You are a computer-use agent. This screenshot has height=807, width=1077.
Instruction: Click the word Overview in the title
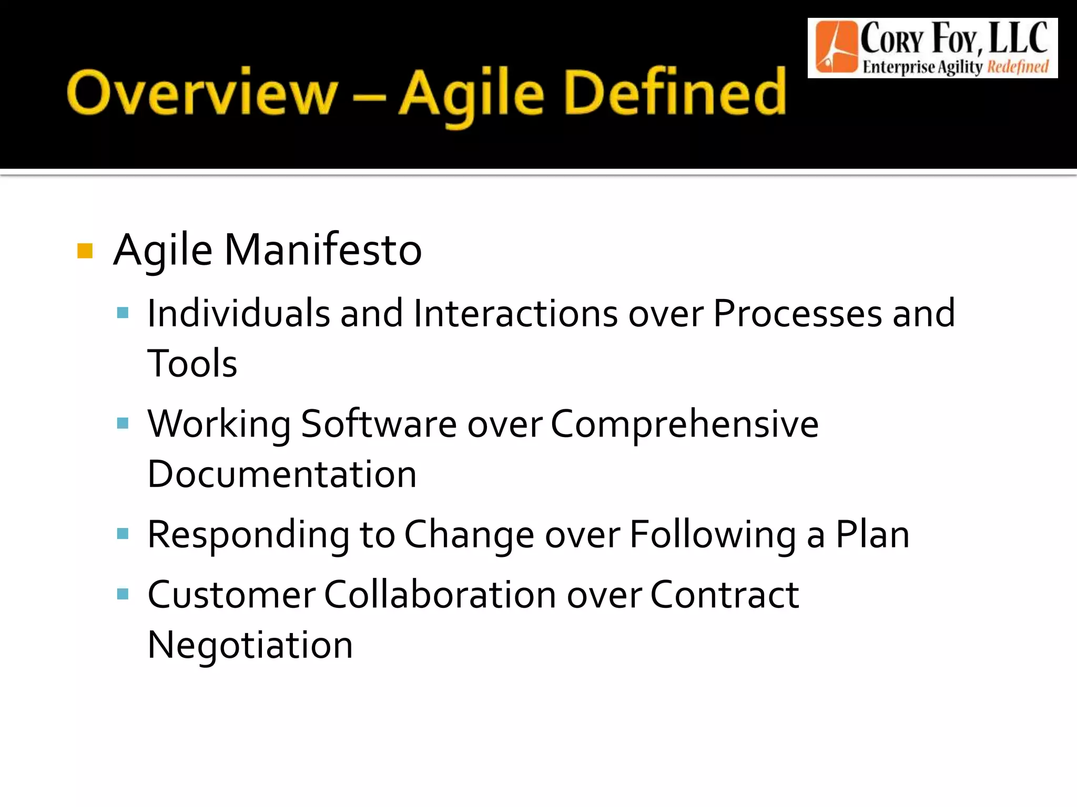(x=202, y=94)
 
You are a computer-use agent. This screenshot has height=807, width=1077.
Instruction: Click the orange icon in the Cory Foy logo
(x=836, y=48)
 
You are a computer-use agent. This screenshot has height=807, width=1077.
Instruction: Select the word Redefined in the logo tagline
(x=1018, y=67)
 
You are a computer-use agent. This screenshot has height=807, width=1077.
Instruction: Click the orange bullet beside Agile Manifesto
(x=85, y=251)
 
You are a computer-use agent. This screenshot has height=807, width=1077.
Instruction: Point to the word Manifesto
(x=323, y=250)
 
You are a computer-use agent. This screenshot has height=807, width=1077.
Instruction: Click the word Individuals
(x=238, y=314)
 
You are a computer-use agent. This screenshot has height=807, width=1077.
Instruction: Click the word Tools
(x=192, y=364)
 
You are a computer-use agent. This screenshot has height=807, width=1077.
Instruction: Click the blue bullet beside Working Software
(x=123, y=423)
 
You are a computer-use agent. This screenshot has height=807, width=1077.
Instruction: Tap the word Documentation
(x=282, y=474)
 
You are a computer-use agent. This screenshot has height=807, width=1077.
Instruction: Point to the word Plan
(x=872, y=534)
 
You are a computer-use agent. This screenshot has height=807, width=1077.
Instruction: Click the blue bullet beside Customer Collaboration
(x=123, y=594)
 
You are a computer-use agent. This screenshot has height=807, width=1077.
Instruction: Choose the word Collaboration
(x=440, y=595)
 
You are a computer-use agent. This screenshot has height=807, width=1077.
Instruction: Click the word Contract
(x=725, y=595)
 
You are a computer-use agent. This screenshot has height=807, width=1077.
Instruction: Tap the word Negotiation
(x=250, y=645)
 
